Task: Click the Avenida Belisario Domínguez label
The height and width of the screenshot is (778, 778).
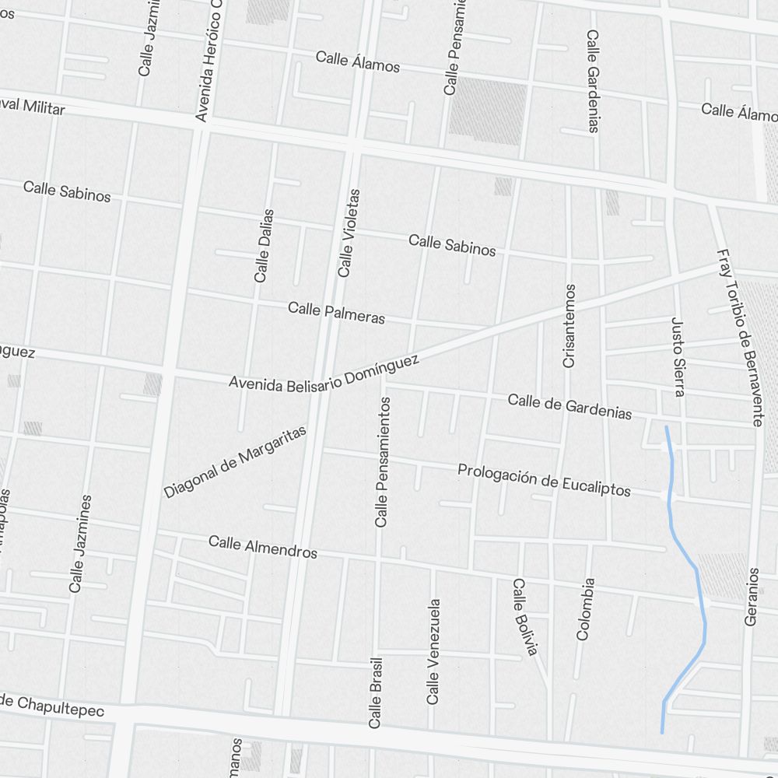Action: [x=324, y=373]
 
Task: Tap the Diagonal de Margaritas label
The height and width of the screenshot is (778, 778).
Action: [x=235, y=462]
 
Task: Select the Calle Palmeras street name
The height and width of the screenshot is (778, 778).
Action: [x=336, y=313]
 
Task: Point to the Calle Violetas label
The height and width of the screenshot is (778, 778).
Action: [x=349, y=233]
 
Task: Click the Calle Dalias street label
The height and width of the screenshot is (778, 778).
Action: [x=264, y=245]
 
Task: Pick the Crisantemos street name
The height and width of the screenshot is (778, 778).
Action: [x=569, y=325]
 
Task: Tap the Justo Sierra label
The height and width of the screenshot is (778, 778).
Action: [x=678, y=357]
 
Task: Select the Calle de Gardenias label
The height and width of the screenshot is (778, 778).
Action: [x=569, y=406]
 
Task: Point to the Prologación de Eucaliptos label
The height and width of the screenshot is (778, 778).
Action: [x=544, y=479]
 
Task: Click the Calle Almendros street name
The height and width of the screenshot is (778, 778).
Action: [x=263, y=547]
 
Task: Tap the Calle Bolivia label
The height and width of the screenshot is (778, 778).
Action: [x=524, y=617]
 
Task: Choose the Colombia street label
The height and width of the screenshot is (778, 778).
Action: [x=585, y=608]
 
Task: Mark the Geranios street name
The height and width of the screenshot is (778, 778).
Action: [x=752, y=596]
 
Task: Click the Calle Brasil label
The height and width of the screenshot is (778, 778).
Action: [x=376, y=692]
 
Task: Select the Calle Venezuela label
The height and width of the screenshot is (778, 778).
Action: [x=433, y=651]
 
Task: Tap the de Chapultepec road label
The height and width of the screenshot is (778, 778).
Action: [x=51, y=706]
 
